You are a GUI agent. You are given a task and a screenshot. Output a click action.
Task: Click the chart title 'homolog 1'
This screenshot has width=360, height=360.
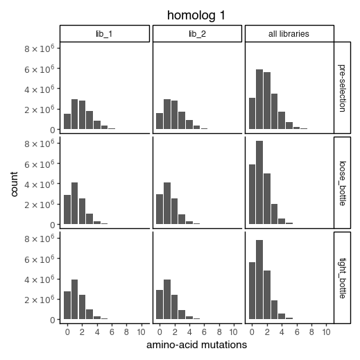pos(196,15)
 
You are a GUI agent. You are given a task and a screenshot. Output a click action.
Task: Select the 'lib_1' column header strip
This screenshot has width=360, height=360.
pos(104,34)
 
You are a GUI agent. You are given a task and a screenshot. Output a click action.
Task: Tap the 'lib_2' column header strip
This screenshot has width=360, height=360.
pos(197,34)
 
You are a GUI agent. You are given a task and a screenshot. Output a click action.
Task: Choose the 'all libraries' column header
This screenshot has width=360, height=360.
pos(289,34)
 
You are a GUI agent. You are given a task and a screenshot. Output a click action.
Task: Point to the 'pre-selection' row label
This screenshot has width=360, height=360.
pos(343,88)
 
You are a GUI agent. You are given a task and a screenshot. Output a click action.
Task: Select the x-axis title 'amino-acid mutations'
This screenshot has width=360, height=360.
pos(196,345)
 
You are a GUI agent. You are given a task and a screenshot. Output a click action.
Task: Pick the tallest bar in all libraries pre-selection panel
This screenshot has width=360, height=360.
pos(259,99)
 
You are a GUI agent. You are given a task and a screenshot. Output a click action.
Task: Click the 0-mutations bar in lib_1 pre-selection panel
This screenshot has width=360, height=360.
pos(67,121)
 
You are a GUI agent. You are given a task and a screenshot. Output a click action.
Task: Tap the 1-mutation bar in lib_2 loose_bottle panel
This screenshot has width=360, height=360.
pos(167,203)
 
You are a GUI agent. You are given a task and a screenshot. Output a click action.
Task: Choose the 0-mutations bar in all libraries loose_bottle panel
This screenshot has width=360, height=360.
pos(252,194)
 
